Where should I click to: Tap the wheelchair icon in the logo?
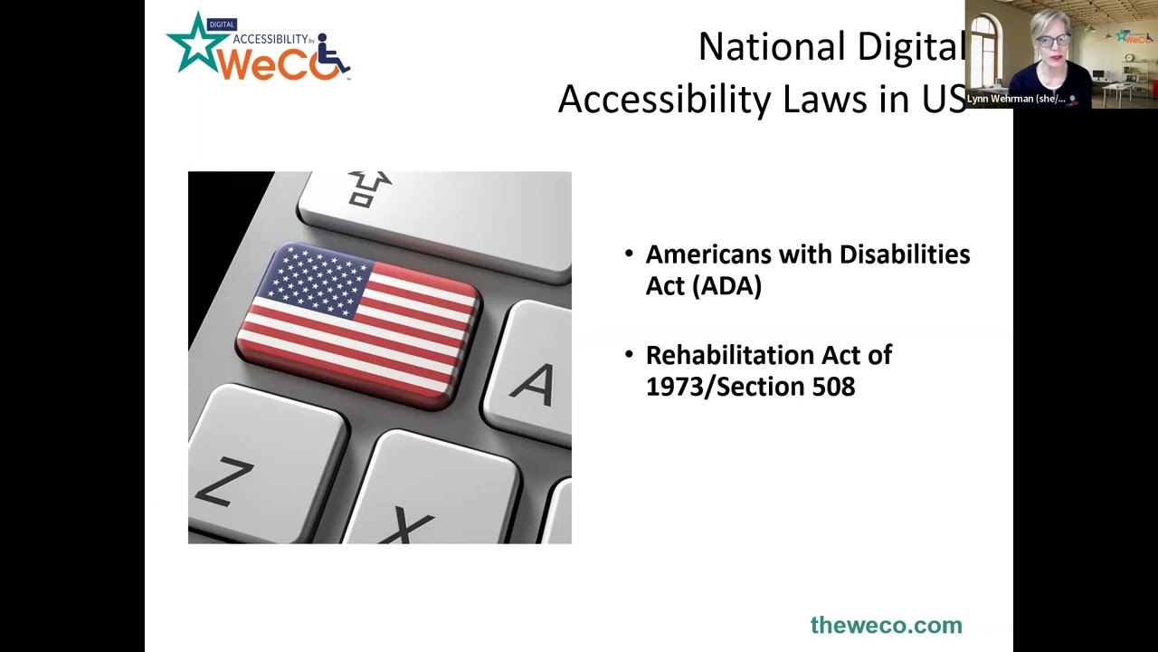[x=333, y=55]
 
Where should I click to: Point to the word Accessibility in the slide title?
[x=664, y=98]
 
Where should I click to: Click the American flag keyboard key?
[x=359, y=321]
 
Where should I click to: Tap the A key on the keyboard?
[x=534, y=380]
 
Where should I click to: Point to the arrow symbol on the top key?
[x=369, y=187]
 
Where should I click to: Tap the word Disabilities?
[x=904, y=254]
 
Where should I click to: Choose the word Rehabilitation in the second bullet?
[x=731, y=355]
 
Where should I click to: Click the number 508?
[x=833, y=387]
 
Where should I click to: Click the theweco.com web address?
[x=886, y=625]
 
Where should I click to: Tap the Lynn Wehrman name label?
[x=1015, y=99]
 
